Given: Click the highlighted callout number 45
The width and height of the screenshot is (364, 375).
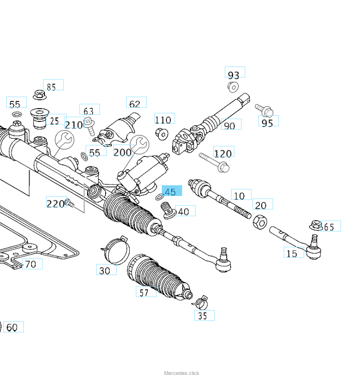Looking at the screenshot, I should pos(171,192).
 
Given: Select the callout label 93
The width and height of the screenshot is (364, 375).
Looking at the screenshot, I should pos(234,75).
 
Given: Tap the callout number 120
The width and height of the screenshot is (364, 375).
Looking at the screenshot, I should pos(223,153).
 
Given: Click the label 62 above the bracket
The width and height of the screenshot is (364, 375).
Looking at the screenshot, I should pos(135,103).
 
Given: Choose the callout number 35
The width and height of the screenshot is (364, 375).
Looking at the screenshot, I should pos(203,315).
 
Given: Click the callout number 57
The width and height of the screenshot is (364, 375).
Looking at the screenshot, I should pos(144,292).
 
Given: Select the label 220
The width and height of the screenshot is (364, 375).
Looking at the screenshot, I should pos(55,203).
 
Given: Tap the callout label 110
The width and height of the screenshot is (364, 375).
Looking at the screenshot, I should pos(164,120).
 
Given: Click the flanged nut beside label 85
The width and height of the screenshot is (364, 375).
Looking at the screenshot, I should pos(39,94).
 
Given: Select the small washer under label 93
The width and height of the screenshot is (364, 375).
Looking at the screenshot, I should pos(233,87).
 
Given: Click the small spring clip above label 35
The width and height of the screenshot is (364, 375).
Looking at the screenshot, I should pos(200,301).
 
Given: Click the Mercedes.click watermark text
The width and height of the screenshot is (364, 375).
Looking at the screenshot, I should pos(182,373).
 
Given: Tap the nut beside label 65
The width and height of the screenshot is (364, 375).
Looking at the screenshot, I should pos(315,224).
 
